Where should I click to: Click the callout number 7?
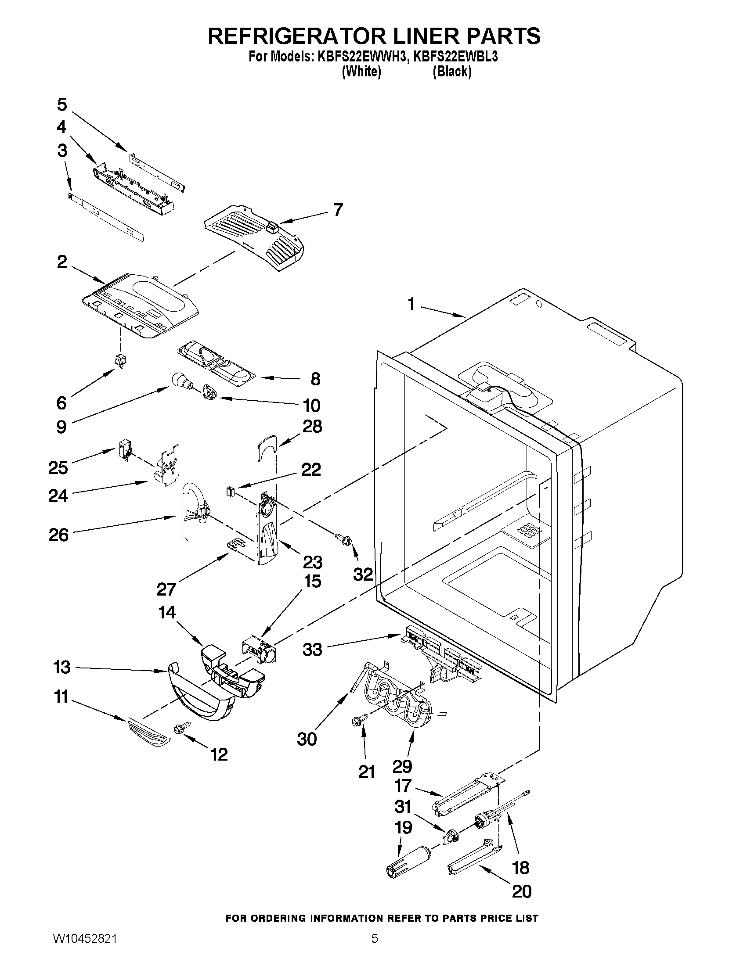tap(338, 209)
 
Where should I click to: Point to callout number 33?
tap(312, 650)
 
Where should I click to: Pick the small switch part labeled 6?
tap(119, 361)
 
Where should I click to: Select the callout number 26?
tap(59, 535)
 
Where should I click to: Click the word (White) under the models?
tap(361, 71)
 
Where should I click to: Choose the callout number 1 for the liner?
tap(411, 304)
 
